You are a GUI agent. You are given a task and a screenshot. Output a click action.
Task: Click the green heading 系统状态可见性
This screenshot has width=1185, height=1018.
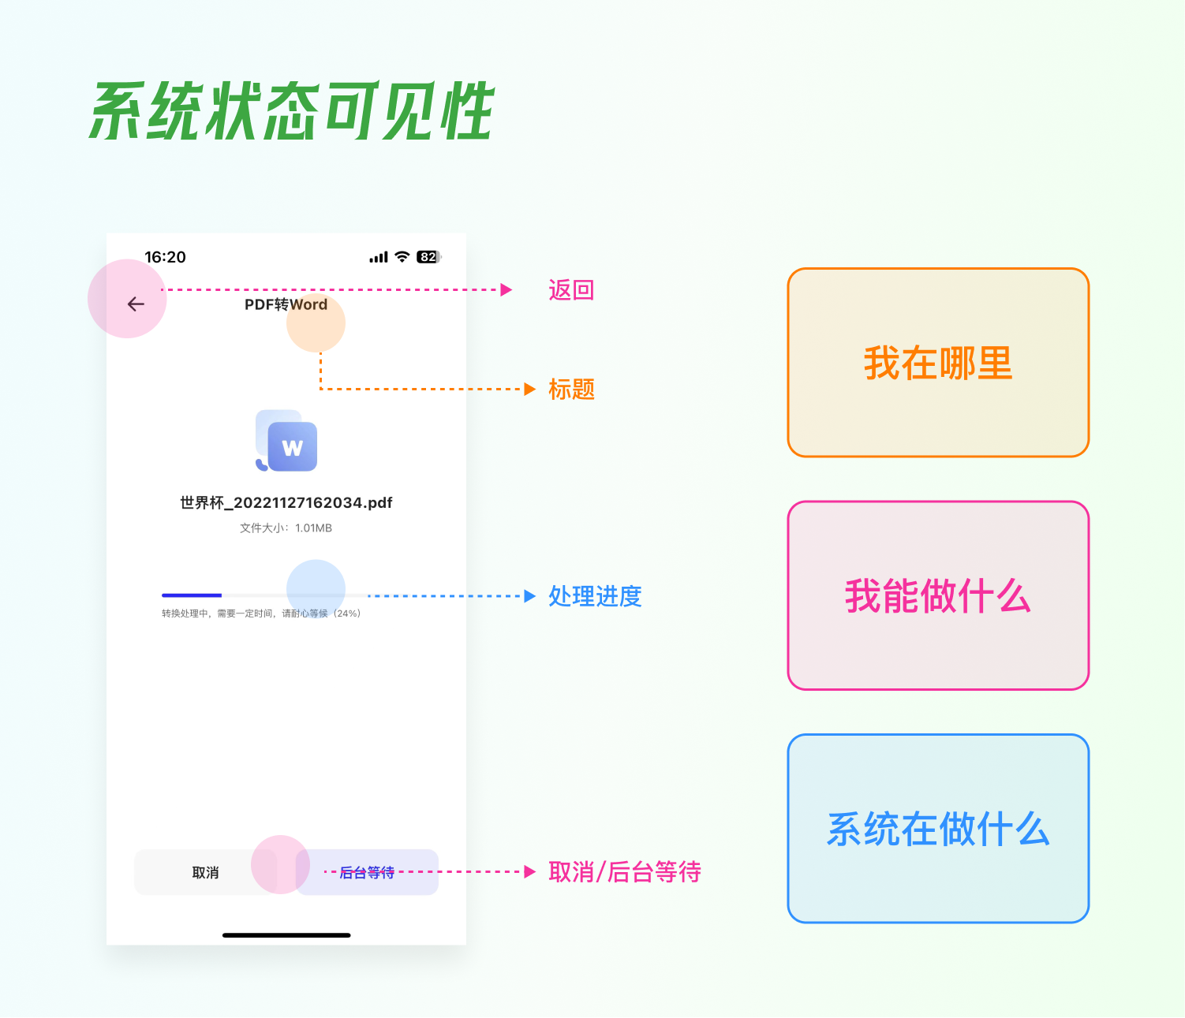(292, 112)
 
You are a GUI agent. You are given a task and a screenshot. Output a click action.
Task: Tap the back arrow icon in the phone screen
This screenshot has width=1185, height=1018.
(136, 304)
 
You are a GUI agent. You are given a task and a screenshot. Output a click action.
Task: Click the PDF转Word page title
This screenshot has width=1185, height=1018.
(286, 304)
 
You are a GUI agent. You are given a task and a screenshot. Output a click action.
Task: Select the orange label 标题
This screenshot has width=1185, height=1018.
(571, 390)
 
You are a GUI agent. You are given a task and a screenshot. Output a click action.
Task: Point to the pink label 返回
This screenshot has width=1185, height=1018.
(571, 290)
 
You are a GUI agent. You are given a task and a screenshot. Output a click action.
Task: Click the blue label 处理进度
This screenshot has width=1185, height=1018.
(595, 596)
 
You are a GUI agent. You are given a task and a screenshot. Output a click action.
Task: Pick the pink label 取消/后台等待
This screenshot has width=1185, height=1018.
(625, 872)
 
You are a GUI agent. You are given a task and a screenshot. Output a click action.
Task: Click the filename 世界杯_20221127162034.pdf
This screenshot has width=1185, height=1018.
(286, 503)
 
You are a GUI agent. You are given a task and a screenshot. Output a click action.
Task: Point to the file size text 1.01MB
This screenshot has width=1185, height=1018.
(313, 528)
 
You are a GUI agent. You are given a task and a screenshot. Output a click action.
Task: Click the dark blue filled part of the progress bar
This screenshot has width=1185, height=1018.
(192, 595)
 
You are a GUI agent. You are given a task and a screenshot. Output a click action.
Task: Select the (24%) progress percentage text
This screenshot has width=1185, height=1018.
(347, 613)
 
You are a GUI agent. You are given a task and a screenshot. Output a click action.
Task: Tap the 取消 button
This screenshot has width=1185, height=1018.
(205, 873)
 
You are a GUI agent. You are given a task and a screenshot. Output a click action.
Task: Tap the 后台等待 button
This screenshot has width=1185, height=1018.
(368, 873)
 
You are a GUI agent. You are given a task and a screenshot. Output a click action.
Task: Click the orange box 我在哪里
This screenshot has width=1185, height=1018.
(938, 363)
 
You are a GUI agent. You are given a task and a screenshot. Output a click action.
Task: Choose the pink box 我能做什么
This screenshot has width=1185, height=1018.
(938, 596)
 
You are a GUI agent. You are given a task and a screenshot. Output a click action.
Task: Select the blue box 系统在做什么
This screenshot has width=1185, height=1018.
(938, 829)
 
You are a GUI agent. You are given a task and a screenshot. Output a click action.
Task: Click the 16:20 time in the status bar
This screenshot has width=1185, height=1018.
(165, 257)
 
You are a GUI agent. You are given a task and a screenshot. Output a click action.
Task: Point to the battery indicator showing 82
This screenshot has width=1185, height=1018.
(428, 257)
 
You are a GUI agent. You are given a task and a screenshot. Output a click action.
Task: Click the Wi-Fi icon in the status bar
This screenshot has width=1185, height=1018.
(402, 257)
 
